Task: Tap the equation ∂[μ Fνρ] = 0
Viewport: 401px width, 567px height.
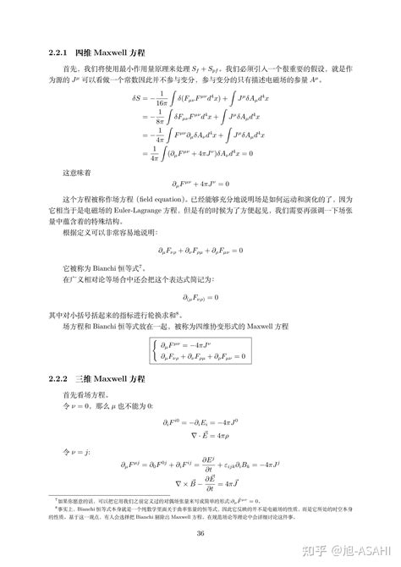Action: (200, 297)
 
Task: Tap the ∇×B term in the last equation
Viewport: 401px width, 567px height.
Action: (179, 483)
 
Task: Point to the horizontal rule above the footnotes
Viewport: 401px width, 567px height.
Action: (93, 497)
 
